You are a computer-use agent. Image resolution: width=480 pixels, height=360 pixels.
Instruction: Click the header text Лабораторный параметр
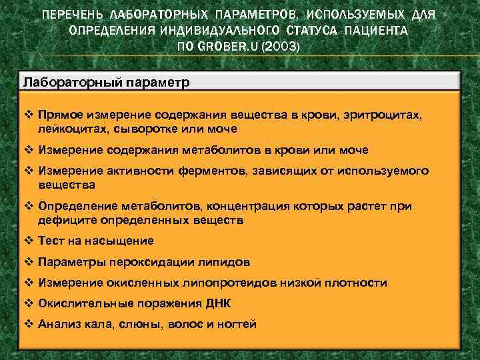[x=107, y=82]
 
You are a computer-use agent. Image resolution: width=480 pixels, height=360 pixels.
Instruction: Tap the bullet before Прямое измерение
[x=29, y=115]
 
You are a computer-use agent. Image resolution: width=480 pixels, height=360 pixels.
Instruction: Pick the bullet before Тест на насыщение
[x=29, y=241]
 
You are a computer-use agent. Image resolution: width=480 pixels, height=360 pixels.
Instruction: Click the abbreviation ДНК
[x=217, y=304]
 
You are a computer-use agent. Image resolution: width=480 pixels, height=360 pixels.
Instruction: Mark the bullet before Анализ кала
[x=29, y=325]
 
